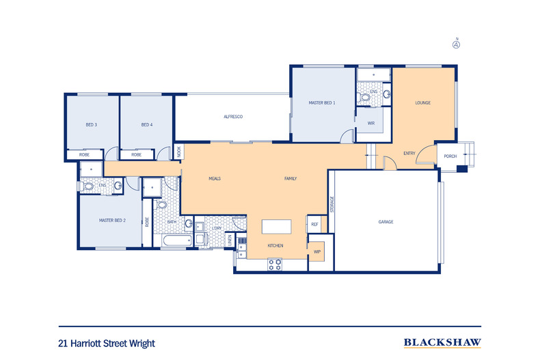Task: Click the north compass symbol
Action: [x=456, y=45]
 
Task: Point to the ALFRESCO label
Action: [x=233, y=117]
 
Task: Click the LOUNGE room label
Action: [x=423, y=103]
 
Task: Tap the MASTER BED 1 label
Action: [x=322, y=102]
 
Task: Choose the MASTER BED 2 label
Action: [x=112, y=221]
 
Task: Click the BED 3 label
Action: [x=91, y=124]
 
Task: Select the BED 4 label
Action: [x=146, y=124]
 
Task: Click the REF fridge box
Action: [x=315, y=224]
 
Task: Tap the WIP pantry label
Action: [x=317, y=251]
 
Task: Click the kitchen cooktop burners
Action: [x=275, y=263]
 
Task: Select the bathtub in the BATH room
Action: [x=177, y=242]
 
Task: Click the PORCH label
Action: [x=450, y=156]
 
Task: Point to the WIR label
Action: [x=371, y=124]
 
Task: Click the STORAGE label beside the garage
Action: [x=332, y=205]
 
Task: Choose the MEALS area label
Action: [x=215, y=179]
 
